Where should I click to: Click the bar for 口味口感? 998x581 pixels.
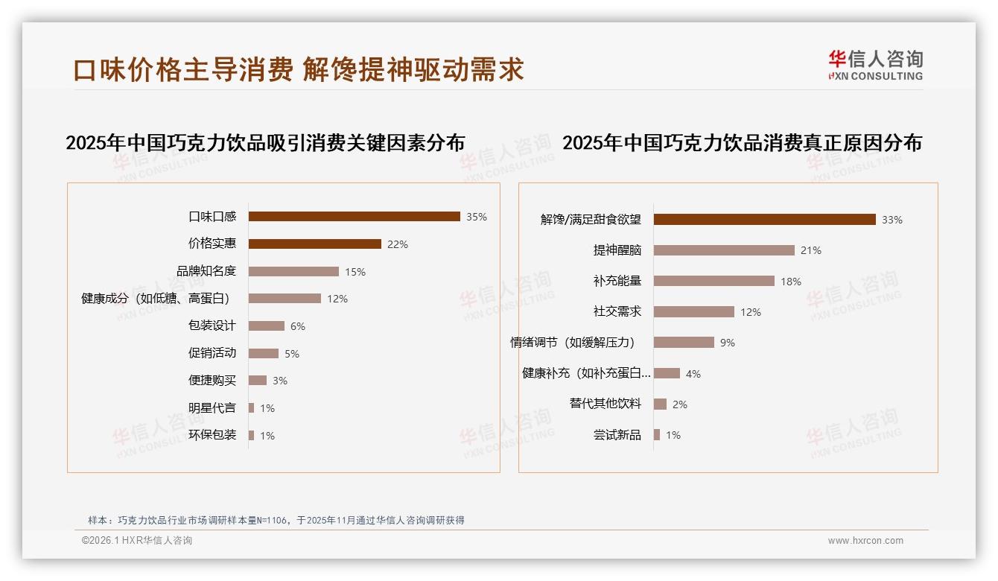point(354,217)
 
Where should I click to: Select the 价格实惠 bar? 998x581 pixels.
point(314,244)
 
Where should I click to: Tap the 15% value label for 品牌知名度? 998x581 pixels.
point(355,272)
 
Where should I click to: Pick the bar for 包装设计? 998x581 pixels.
point(266,326)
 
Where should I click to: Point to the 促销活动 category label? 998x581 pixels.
point(212,353)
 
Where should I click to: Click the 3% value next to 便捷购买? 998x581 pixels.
point(280,381)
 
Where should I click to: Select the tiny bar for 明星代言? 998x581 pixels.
point(251,408)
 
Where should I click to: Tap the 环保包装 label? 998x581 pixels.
point(212,435)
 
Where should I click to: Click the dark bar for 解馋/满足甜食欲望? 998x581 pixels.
point(764,219)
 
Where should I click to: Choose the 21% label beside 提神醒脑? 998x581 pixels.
point(811,250)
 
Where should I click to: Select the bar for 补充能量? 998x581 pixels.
point(713,281)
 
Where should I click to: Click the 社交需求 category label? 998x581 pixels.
point(617,312)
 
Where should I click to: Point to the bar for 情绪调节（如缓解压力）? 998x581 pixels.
point(684,343)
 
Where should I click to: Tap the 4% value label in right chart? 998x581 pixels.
point(693,374)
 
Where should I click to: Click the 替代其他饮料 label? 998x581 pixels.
point(605,404)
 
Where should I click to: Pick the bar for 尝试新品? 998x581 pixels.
point(657,435)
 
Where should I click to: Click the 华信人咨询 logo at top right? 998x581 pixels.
point(875,64)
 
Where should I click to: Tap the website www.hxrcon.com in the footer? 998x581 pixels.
point(865,541)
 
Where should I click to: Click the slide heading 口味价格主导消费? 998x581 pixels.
point(183,69)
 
